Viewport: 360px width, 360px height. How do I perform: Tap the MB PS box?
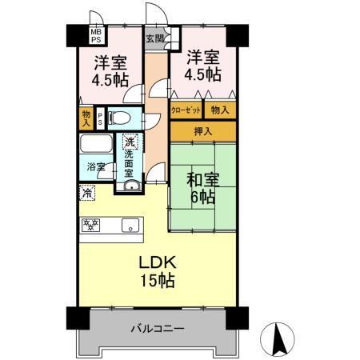point(73,35)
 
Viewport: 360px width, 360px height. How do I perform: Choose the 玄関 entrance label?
point(154,38)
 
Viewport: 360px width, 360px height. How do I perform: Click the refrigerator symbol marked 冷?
point(87,192)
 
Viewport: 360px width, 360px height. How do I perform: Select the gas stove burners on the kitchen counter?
point(90,226)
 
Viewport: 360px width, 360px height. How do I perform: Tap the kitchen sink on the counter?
point(130,226)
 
